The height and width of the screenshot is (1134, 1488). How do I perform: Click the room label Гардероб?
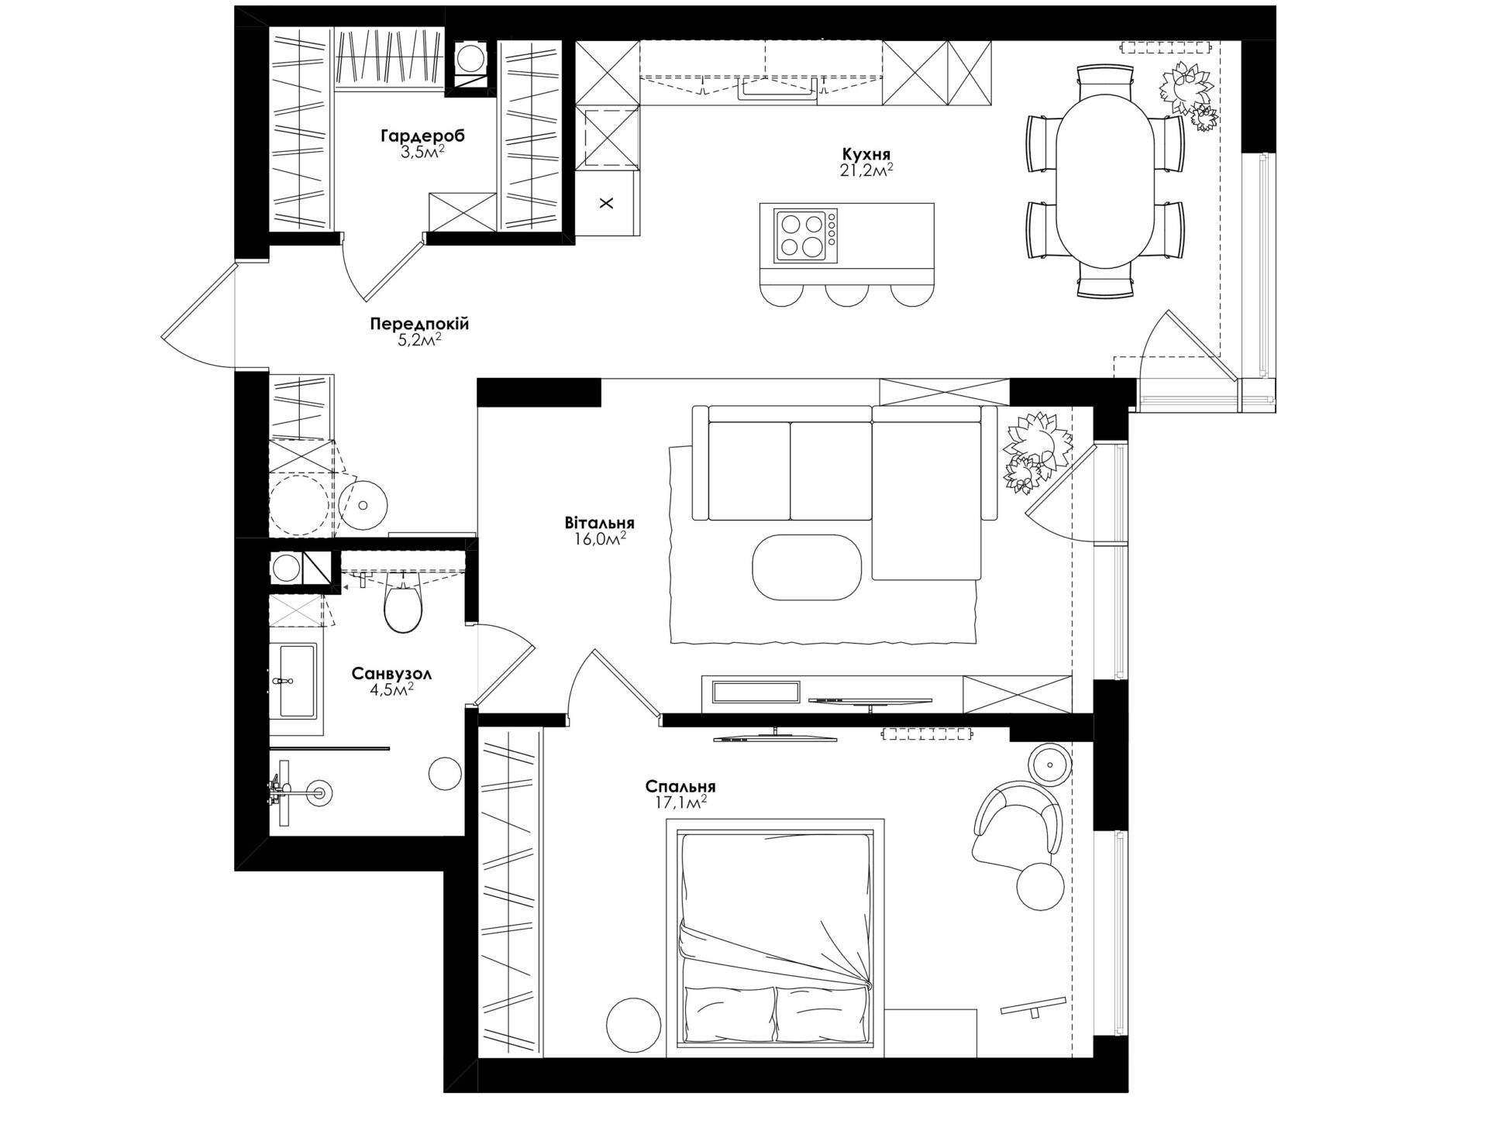click(422, 137)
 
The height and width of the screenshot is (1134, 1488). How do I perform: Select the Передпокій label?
click(419, 324)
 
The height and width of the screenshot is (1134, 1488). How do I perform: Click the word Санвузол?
click(391, 674)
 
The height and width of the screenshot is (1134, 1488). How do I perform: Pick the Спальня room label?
click(680, 787)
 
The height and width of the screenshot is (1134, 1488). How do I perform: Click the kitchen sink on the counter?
click(777, 89)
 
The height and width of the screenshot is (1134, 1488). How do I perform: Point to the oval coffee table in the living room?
click(807, 567)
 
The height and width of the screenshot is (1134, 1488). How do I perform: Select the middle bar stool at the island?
click(847, 295)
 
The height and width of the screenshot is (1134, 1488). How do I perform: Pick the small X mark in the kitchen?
click(607, 204)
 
